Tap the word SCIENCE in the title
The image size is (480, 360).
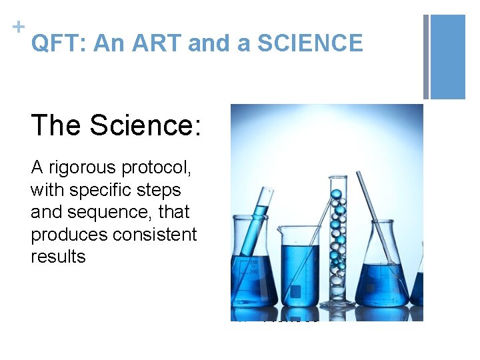click(x=310, y=44)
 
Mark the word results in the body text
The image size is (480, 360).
click(x=58, y=257)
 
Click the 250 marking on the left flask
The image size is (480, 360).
click(x=254, y=261)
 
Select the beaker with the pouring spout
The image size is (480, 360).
click(x=299, y=267)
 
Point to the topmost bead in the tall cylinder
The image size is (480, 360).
click(x=336, y=194)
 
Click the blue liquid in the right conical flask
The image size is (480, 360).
click(x=383, y=283)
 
